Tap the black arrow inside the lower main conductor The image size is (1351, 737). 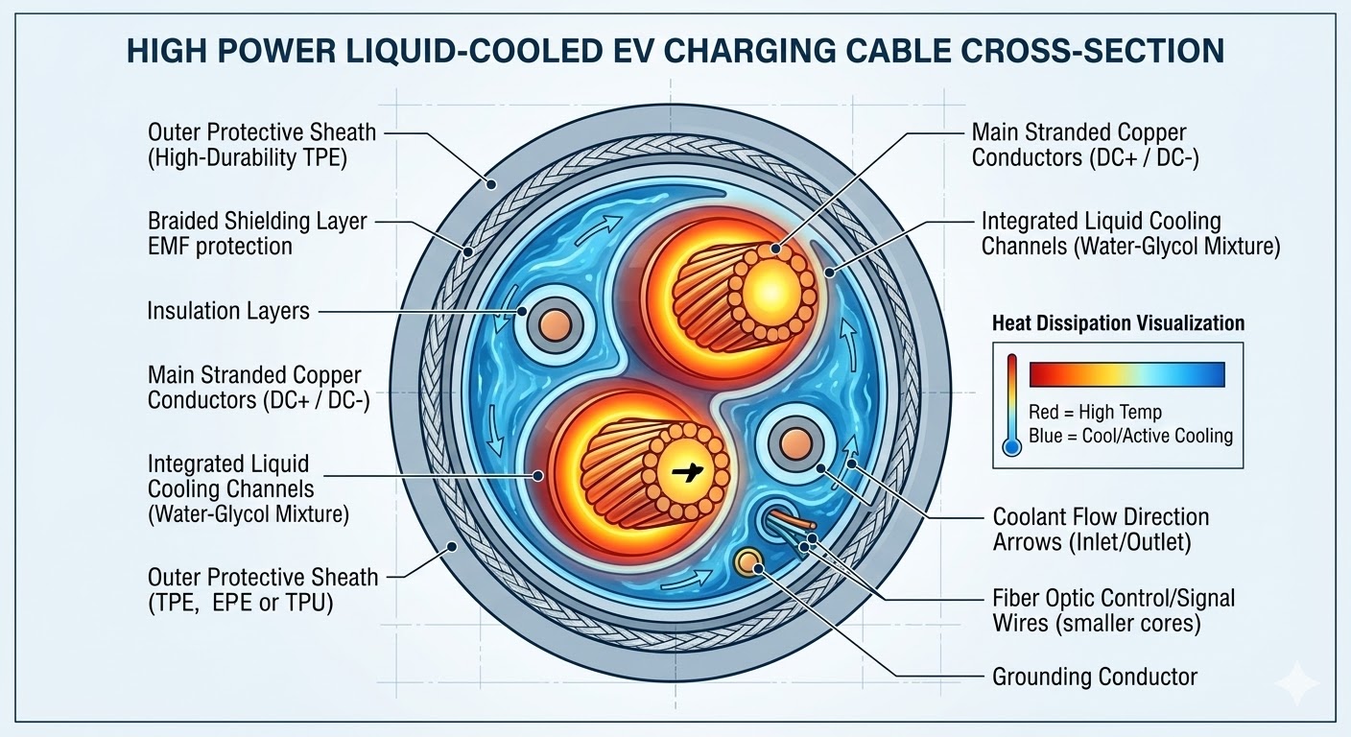[x=687, y=471]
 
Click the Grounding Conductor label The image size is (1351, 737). [x=1095, y=677]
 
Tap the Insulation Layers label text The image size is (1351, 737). [x=227, y=311]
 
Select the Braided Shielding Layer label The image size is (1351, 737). [x=257, y=221]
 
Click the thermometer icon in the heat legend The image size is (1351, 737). [x=1010, y=402]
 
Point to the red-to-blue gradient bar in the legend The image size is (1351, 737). [x=1126, y=372]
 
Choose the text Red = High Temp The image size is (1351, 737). [x=1095, y=412]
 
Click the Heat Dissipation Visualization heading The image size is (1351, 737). [x=1118, y=323]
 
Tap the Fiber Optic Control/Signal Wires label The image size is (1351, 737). [x=1114, y=610]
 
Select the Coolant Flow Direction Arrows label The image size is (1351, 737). [x=1101, y=529]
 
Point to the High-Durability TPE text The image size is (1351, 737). [x=248, y=156]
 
